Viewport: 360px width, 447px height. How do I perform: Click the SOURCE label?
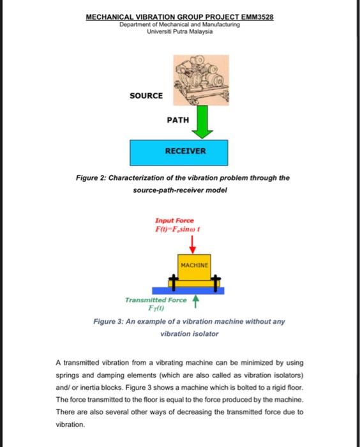pos(146,96)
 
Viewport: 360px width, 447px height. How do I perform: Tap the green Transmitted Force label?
pos(156,299)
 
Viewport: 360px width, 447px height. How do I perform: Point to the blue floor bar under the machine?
pos(194,290)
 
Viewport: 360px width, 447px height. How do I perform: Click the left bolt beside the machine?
pos(172,281)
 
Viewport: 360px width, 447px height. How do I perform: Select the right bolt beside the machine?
pos(216,281)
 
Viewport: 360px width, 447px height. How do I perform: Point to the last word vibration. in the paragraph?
pos(70,423)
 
